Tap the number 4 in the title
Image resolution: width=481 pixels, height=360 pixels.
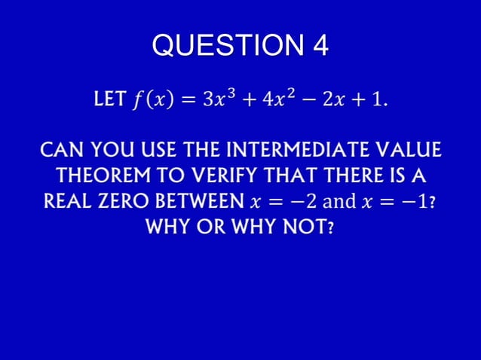(x=320, y=47)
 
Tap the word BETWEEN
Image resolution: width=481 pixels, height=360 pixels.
(x=198, y=203)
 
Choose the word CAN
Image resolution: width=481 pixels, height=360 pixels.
(x=60, y=147)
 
